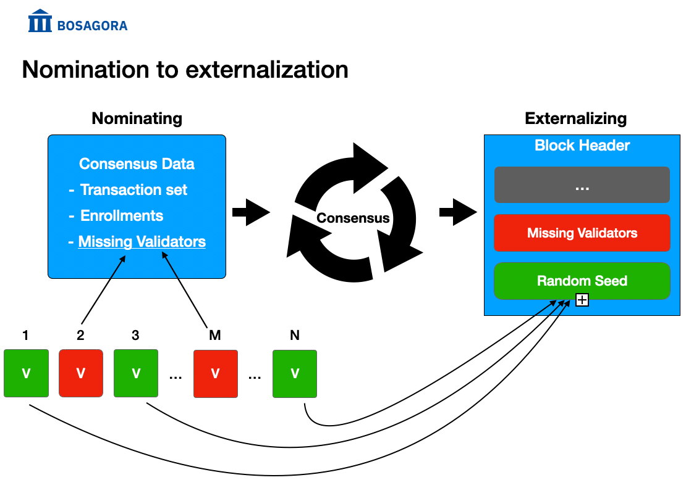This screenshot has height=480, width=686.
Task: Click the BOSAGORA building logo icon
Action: click(40, 20)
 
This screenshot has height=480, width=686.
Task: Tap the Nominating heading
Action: click(137, 119)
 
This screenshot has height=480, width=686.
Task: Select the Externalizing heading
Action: click(576, 119)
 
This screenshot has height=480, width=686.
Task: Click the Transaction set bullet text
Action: click(133, 189)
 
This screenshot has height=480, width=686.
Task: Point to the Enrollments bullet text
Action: click(122, 216)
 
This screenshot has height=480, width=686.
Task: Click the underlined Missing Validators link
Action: click(142, 241)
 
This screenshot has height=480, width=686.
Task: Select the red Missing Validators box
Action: click(582, 233)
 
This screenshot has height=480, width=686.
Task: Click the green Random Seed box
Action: click(582, 281)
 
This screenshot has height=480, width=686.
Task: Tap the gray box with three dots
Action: click(582, 184)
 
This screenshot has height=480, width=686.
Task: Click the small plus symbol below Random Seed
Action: click(582, 300)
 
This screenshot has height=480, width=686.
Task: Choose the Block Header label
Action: click(582, 146)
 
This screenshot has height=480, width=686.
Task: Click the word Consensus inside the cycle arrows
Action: click(353, 218)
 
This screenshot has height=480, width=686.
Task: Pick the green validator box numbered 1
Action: click(26, 373)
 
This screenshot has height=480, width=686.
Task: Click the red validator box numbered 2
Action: click(81, 373)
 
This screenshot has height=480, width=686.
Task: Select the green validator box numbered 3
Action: click(136, 373)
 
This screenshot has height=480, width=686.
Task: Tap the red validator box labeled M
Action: click(216, 373)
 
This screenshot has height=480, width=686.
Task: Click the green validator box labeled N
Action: click(295, 373)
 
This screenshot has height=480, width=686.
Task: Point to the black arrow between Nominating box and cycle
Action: click(251, 213)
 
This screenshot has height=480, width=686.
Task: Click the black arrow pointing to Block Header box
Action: click(458, 212)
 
